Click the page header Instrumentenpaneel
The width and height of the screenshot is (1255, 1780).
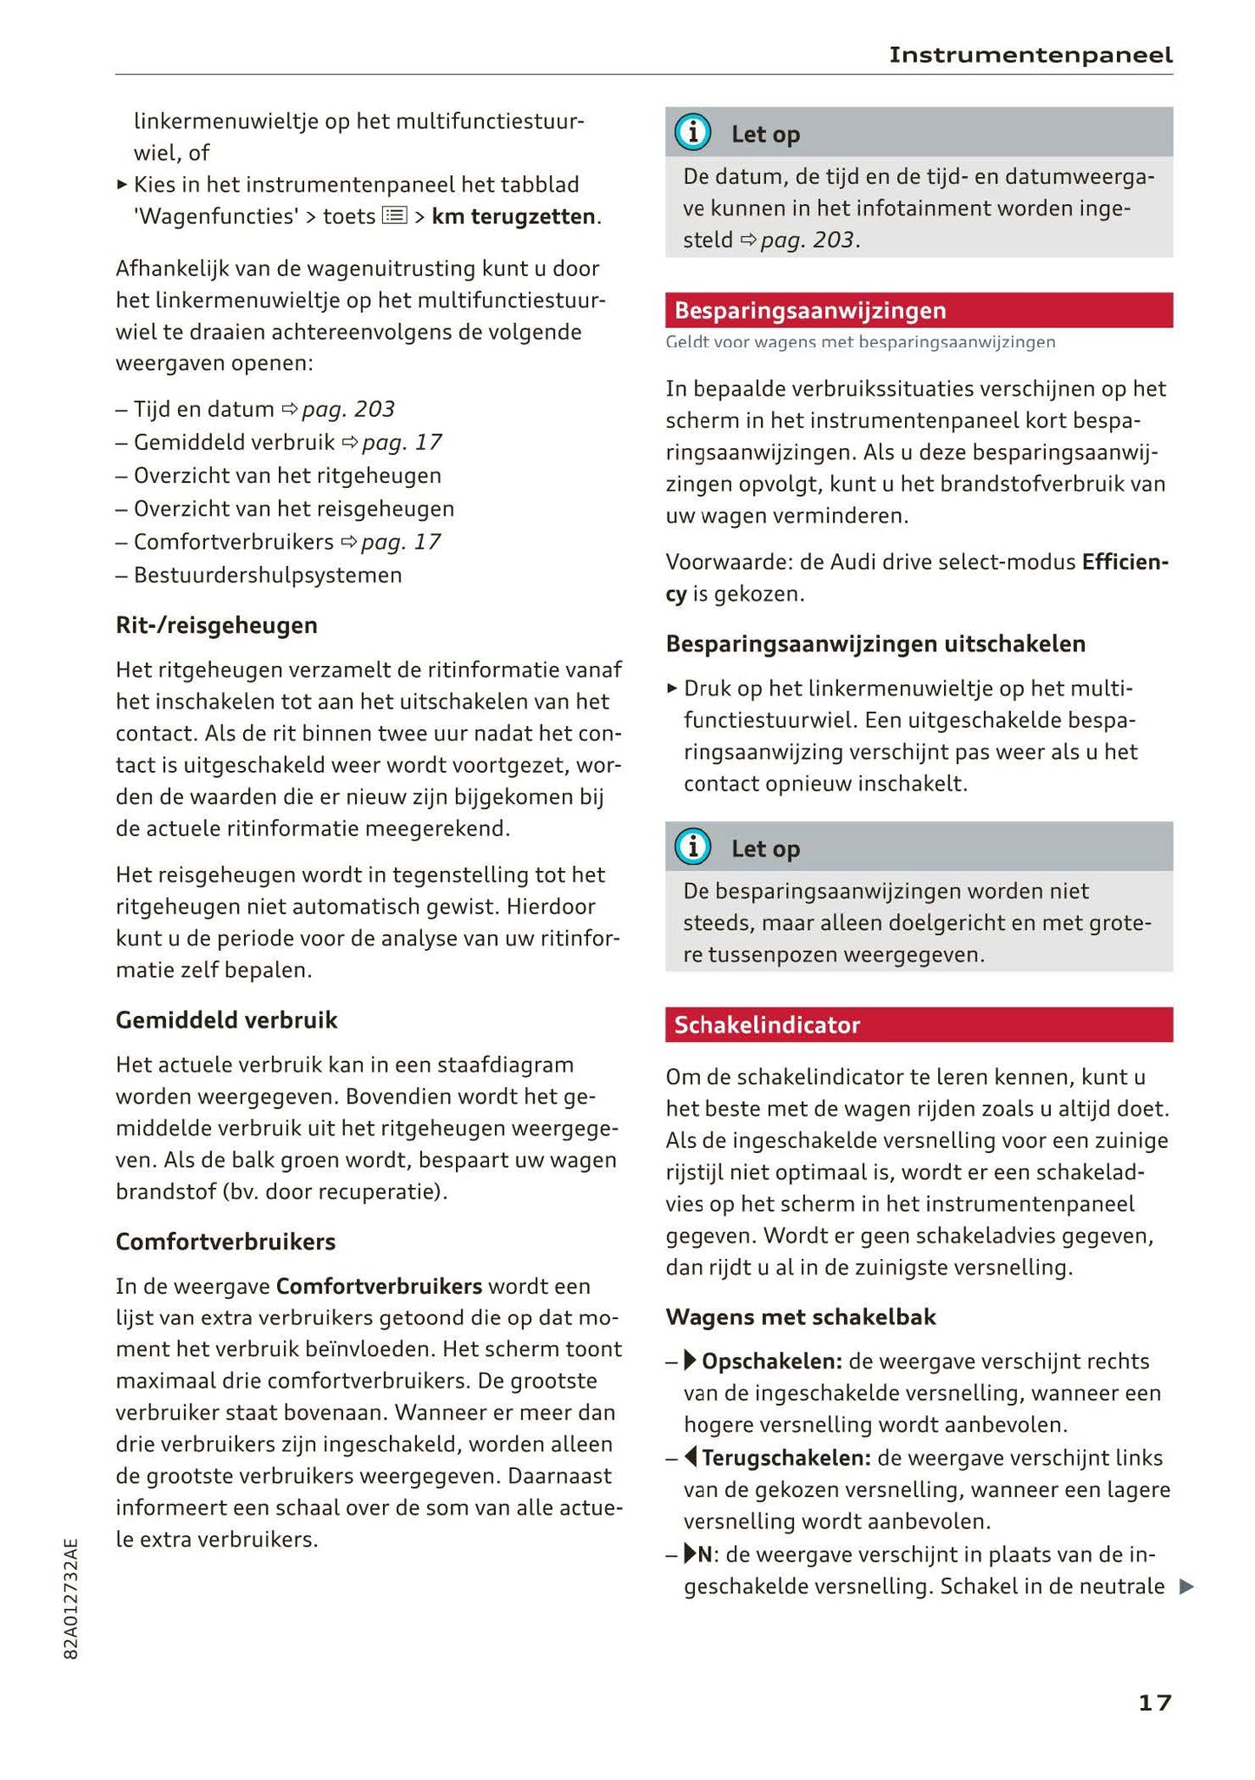point(1030,56)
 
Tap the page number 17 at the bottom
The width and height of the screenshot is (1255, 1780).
point(1154,1702)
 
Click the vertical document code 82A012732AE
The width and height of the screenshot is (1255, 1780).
point(71,1599)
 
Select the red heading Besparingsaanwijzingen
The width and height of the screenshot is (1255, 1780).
point(809,311)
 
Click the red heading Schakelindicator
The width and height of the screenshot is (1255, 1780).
point(766,1025)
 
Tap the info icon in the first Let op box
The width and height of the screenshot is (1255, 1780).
point(692,133)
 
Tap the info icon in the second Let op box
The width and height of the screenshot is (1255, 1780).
point(692,847)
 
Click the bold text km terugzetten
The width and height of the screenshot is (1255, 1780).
point(513,216)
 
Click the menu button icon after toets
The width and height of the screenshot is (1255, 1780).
point(394,215)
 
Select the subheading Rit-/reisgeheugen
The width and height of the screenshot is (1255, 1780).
point(216,625)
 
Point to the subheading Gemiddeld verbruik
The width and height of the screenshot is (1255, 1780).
point(226,1019)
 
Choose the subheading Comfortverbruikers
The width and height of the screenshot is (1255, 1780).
point(225,1242)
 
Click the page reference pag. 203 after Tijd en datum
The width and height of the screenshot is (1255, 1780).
point(347,409)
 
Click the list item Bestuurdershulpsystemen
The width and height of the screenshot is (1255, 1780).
point(267,575)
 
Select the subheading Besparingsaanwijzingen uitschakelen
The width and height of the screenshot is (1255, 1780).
point(875,644)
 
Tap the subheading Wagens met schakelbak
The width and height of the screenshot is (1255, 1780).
point(800,1317)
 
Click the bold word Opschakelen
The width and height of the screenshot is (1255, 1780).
point(770,1361)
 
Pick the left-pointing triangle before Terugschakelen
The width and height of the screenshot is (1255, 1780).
point(690,1456)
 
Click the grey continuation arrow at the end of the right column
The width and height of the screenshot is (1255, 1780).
point(1186,1586)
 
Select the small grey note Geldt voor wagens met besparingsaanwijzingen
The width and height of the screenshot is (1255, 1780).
point(860,342)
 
